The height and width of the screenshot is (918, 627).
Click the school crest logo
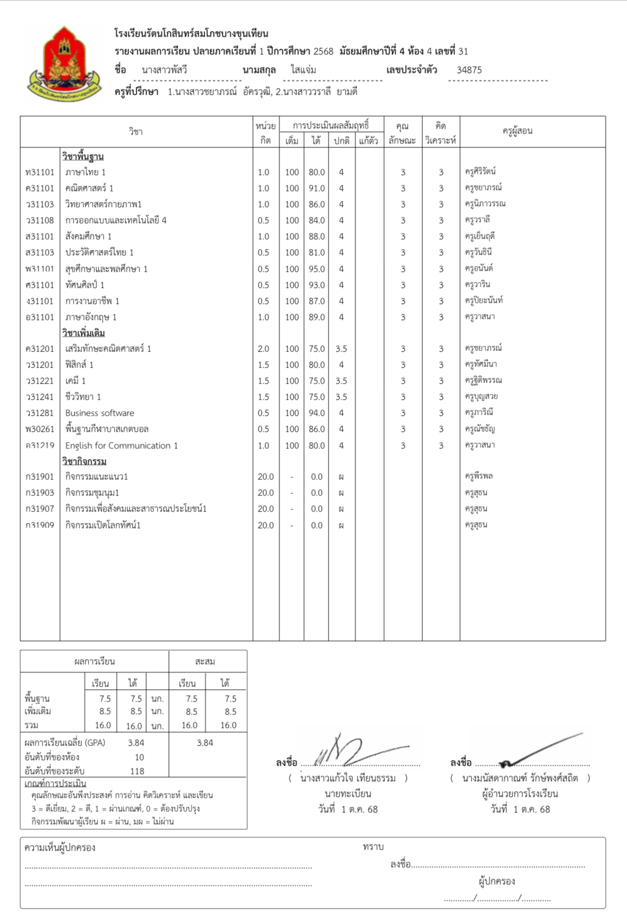coord(64,64)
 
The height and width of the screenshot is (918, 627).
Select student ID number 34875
coord(469,70)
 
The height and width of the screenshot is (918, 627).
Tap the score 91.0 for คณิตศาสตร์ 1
coord(317,188)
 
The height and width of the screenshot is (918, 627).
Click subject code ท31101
coord(40,172)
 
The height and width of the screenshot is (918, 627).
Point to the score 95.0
coord(317,269)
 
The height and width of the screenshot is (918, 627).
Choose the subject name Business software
coord(99,413)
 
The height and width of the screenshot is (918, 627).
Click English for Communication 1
coord(121,446)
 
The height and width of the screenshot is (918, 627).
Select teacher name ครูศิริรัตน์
coord(480,171)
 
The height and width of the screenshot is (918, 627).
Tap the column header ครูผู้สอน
coord(517,131)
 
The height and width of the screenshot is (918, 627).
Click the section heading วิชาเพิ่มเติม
coord(83,333)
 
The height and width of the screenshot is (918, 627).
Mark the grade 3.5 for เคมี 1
coord(341,381)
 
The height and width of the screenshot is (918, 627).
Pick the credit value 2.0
coord(263,349)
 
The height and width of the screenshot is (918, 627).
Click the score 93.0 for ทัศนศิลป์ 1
coord(317,285)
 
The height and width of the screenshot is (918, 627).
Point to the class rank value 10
coord(139,757)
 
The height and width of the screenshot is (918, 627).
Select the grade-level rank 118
coord(137,771)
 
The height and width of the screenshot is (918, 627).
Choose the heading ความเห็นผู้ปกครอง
coord(60,848)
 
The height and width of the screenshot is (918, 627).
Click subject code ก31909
coord(40,526)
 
